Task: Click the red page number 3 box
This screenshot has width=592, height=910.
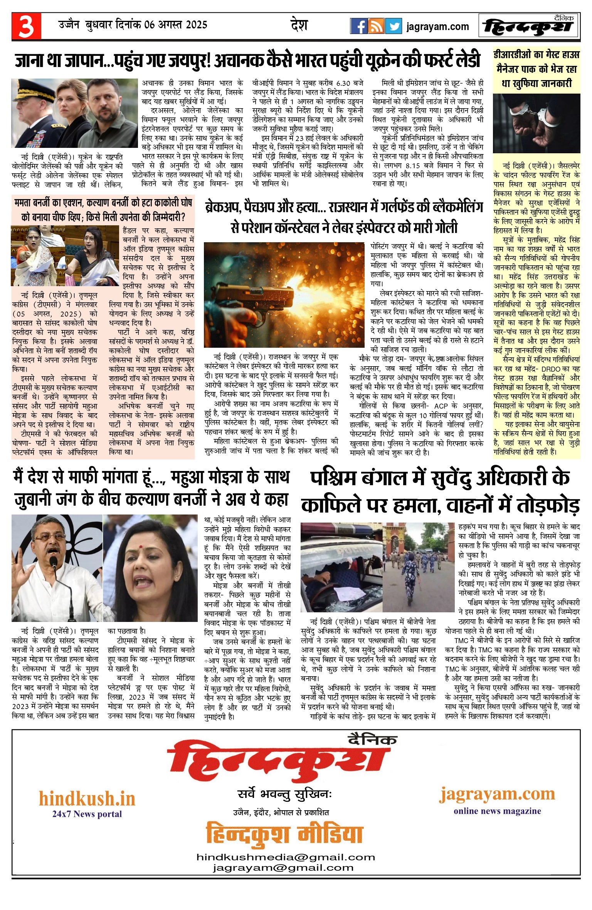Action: (26, 26)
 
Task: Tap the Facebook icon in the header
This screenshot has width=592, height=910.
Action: (358, 26)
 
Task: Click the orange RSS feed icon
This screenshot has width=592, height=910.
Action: (376, 26)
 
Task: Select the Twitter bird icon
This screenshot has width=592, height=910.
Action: (393, 26)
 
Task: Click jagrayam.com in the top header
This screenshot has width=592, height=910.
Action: (437, 27)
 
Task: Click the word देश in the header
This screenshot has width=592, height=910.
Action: (299, 25)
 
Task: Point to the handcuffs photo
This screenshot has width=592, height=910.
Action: (536, 123)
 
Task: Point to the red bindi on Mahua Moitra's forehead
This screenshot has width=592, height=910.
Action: (141, 546)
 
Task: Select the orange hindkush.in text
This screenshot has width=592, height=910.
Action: (87, 799)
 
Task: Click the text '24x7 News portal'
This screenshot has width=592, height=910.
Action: (87, 814)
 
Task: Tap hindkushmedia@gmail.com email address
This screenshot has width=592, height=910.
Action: (286, 857)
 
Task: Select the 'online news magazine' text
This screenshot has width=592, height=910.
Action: (497, 811)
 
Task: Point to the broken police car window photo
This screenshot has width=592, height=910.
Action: (341, 567)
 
